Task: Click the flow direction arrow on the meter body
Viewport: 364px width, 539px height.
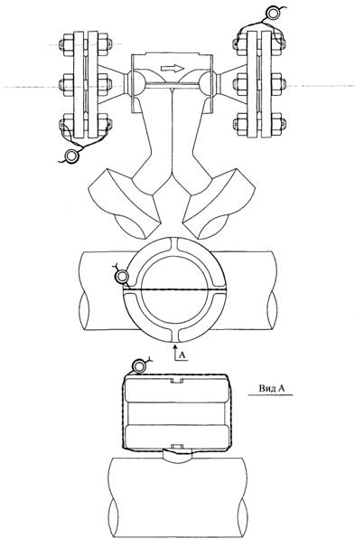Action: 173,69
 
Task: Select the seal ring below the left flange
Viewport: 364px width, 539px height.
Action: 72,156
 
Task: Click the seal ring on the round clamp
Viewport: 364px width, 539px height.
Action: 122,276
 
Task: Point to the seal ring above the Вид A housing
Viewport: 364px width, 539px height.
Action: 139,366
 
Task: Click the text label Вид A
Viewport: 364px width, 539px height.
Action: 271,389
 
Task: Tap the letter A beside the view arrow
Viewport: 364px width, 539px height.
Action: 182,355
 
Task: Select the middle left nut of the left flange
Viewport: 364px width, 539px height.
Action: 65,83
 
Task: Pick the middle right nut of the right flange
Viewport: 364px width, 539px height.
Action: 279,83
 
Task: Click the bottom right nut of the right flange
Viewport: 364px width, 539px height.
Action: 279,123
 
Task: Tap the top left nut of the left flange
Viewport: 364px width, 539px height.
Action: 65,44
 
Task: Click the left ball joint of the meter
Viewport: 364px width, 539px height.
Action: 135,83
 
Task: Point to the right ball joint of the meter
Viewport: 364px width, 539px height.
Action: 207,83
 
